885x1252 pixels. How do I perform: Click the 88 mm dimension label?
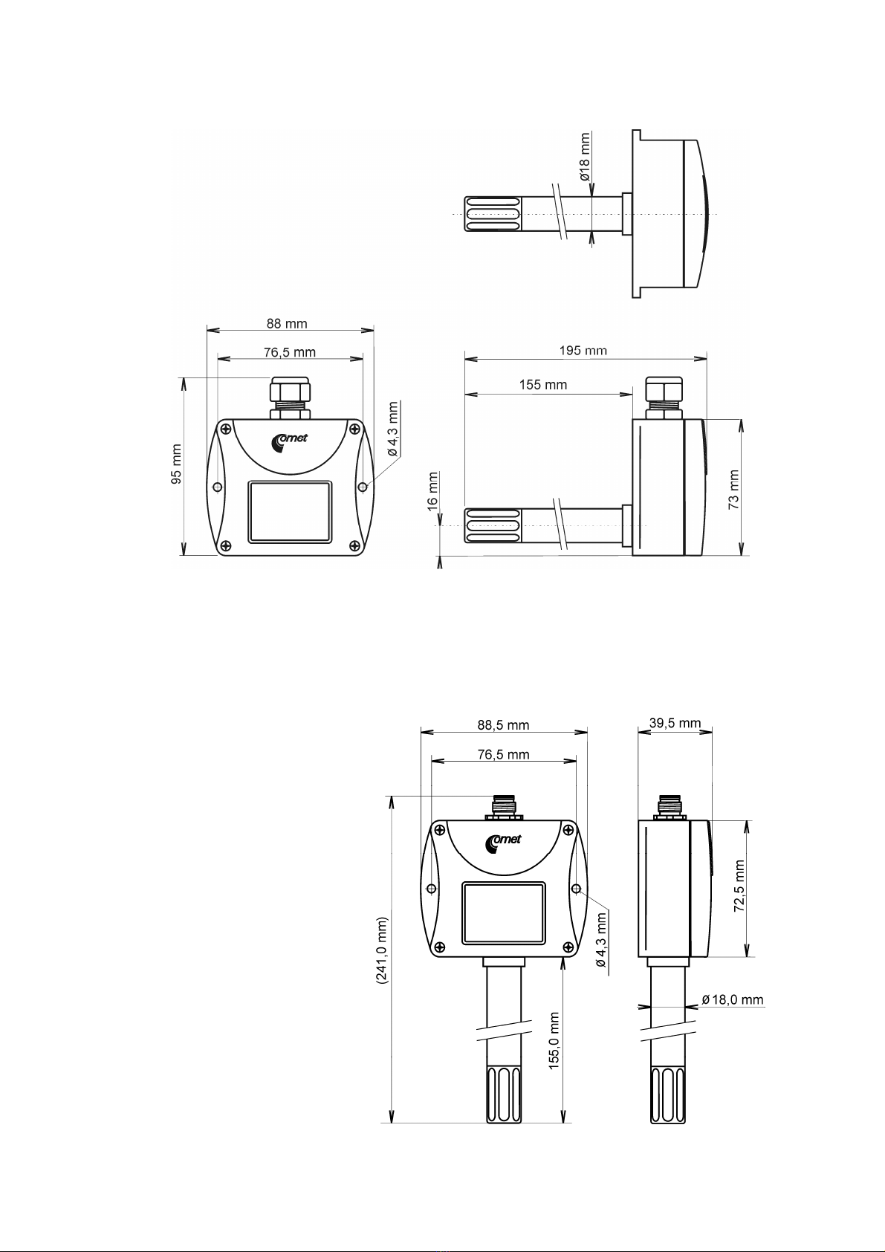point(286,324)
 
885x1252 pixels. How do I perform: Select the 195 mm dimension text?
point(583,351)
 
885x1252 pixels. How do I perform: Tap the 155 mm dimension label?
point(543,385)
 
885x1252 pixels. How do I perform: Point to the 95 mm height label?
point(177,464)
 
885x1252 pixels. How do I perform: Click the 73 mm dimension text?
point(734,489)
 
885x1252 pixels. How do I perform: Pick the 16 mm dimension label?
point(432,491)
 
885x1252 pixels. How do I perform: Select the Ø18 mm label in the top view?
point(584,157)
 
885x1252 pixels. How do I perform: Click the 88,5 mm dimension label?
point(503,725)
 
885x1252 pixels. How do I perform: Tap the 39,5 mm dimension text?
point(675,723)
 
